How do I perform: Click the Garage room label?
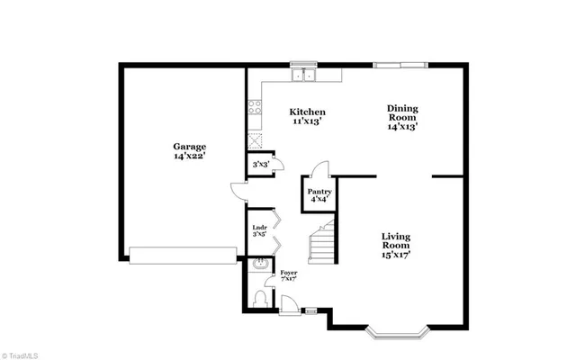pyautogui.click(x=190, y=147)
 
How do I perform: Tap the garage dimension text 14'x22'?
pyautogui.click(x=190, y=157)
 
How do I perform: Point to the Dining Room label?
pyautogui.click(x=402, y=112)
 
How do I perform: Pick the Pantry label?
pyautogui.click(x=319, y=192)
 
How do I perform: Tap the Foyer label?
pyautogui.click(x=288, y=272)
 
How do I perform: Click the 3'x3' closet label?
pyautogui.click(x=260, y=165)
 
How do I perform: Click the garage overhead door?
pyautogui.click(x=184, y=255)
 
